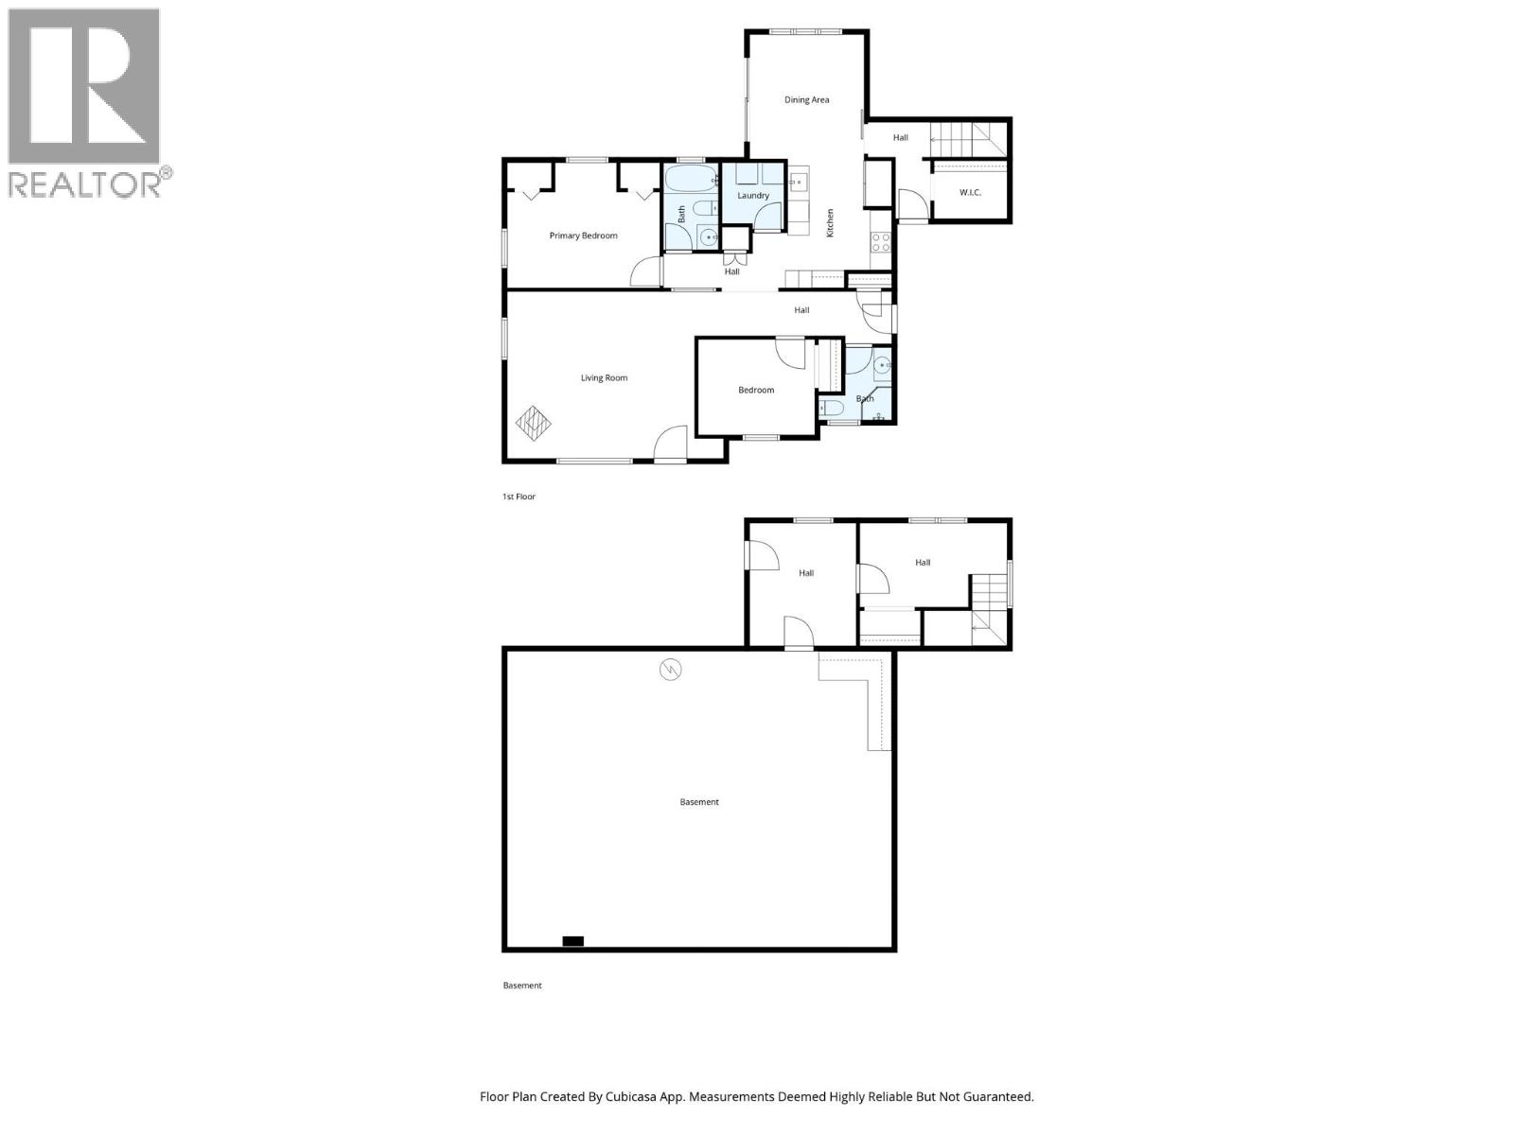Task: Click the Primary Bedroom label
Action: coord(583,236)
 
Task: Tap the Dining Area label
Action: coord(806,99)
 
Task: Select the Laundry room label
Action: coord(753,196)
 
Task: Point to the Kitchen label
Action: coord(831,222)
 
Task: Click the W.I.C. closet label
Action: coord(970,193)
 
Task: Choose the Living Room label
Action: coord(604,378)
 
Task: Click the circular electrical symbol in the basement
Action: coord(671,671)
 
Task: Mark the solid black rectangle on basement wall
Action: coord(572,941)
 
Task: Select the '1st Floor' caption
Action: coord(519,497)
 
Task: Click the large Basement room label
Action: coord(699,802)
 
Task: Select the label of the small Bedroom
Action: coord(756,390)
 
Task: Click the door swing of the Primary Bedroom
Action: coord(646,271)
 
